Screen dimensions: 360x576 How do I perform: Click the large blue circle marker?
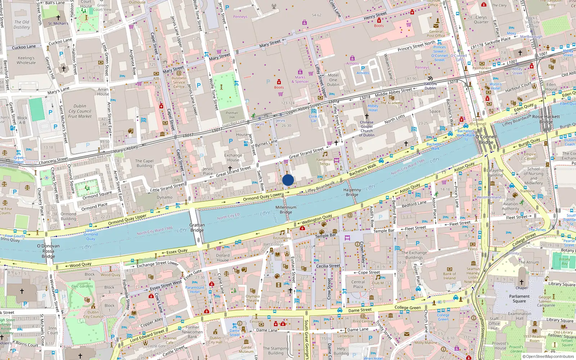tap(288, 180)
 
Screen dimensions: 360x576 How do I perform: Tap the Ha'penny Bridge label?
tap(352, 192)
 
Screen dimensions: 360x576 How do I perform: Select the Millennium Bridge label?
tap(286, 210)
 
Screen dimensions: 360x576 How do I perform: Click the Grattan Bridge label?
tap(197, 228)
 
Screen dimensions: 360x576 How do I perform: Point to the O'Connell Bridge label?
tap(486, 140)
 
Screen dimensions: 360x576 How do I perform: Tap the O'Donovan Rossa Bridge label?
tap(48, 251)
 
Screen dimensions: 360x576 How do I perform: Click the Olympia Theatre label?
tap(252, 298)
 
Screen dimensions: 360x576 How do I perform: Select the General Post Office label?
tap(436, 33)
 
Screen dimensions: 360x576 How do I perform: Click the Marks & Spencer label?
tap(300, 80)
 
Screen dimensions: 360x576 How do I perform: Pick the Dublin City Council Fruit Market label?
tap(80, 111)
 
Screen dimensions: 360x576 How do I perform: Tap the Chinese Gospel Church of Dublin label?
tap(366, 129)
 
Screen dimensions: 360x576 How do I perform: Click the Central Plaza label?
tap(358, 284)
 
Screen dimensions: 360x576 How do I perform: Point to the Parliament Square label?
tap(519, 299)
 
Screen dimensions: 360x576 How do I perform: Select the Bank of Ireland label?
tap(449, 276)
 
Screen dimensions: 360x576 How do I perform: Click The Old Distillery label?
tap(22, 24)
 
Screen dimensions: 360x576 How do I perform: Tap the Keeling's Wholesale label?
tap(26, 60)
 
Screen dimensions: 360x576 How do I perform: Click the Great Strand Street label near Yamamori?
tap(306, 153)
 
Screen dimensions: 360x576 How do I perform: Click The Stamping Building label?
tap(275, 351)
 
